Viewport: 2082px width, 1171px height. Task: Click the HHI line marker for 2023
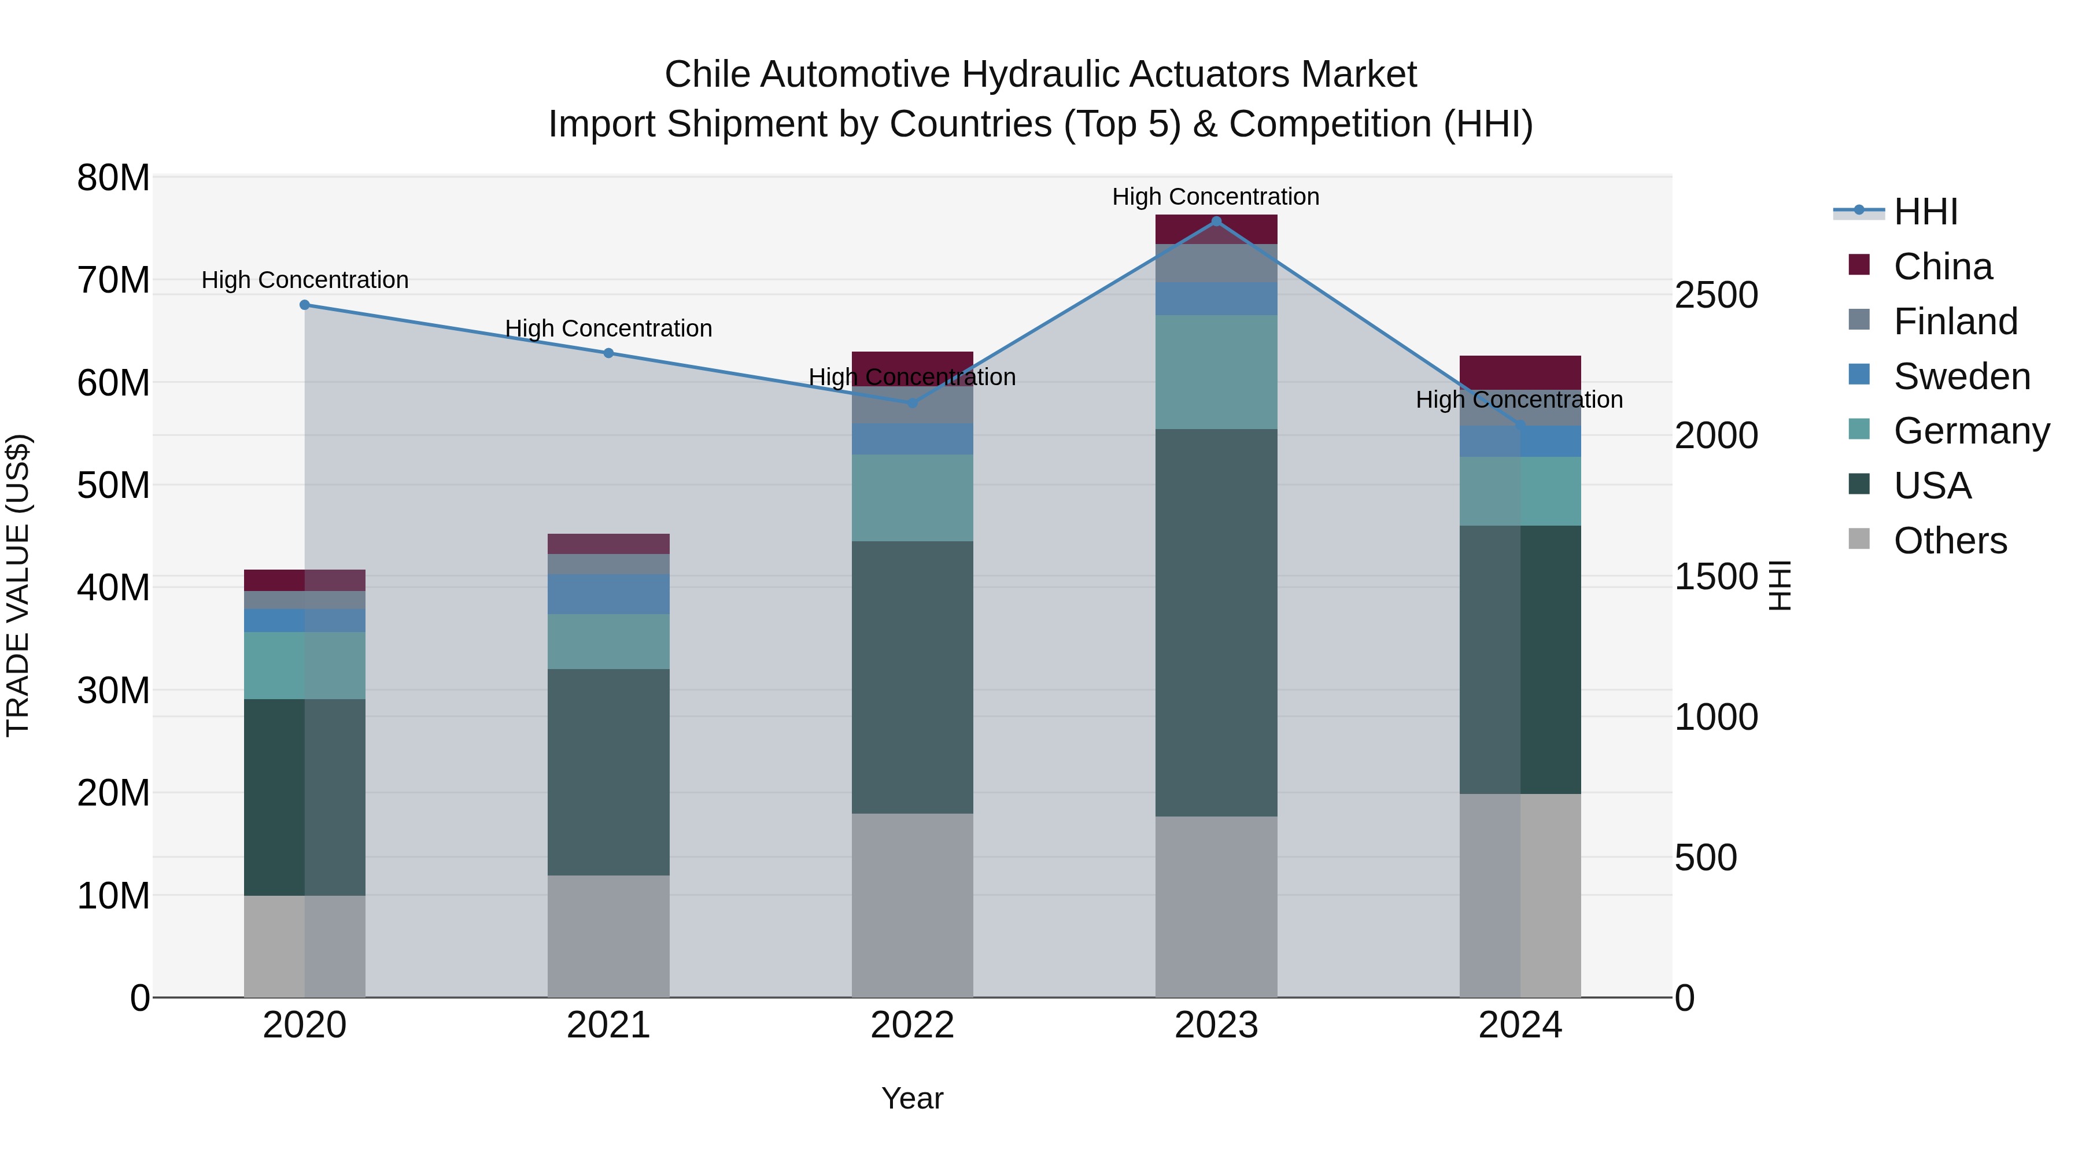(1216, 221)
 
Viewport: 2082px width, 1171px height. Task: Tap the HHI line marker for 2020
(305, 305)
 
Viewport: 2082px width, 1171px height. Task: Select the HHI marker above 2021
(608, 353)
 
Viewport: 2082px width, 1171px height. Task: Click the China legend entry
(1942, 267)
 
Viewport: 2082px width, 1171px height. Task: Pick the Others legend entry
(1950, 541)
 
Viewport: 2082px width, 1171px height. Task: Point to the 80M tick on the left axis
(113, 178)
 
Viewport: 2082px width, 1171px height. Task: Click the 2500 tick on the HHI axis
(1716, 295)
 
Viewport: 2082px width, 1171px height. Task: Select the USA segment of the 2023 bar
(1216, 622)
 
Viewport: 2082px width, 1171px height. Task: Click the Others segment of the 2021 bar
(608, 936)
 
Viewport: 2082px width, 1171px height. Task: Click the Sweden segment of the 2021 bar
(608, 594)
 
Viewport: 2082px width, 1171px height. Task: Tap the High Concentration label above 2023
(1216, 197)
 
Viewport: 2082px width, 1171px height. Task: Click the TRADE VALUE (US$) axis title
(19, 585)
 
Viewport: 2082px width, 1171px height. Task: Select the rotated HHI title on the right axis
(1780, 585)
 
